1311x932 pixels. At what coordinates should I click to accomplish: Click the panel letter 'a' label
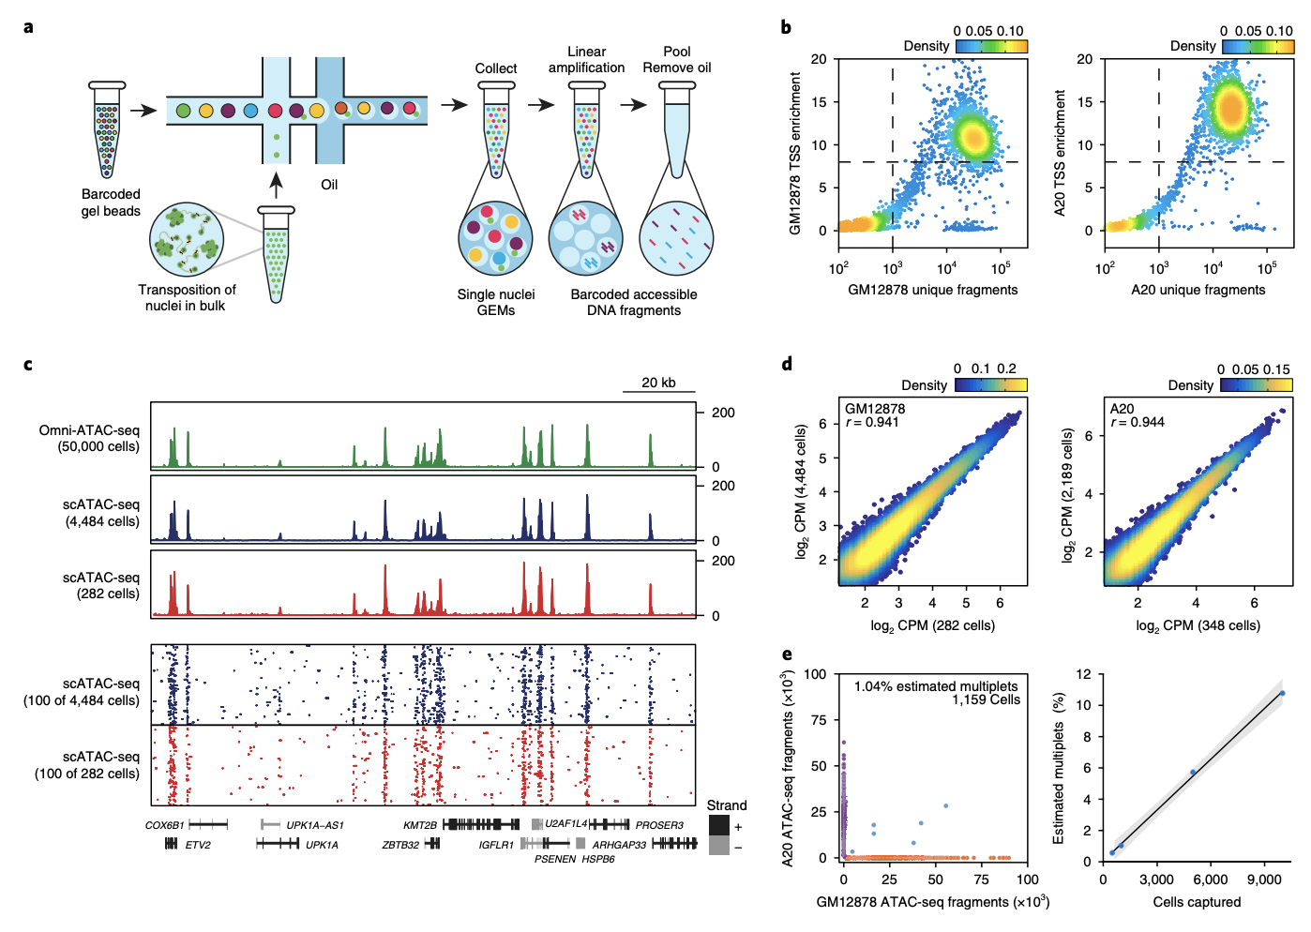pos(29,26)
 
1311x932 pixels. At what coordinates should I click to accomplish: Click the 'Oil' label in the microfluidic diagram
pos(329,185)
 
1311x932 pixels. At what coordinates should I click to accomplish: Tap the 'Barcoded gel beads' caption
pos(111,203)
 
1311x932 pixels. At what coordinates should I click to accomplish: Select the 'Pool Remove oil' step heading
pos(676,60)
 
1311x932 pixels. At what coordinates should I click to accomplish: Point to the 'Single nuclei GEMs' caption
pos(496,302)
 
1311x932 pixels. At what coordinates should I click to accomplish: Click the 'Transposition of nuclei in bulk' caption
pos(187,297)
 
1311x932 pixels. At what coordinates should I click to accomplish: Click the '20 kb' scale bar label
pos(658,383)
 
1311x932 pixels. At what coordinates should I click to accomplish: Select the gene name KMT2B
pos(420,825)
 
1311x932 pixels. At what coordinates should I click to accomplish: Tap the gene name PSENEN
pos(555,859)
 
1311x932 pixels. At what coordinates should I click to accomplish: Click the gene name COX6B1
pos(164,825)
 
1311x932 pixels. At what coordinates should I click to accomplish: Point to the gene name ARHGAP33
pos(619,845)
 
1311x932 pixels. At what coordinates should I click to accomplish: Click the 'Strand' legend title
pos(726,805)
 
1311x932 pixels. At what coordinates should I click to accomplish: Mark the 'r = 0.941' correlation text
pos(872,423)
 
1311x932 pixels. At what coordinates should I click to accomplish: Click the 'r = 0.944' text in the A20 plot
pos(1137,423)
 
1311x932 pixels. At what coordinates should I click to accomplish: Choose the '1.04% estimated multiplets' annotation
pos(936,686)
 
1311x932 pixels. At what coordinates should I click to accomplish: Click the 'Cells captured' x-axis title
pos(1196,902)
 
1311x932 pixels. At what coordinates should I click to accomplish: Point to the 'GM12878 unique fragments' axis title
pos(932,290)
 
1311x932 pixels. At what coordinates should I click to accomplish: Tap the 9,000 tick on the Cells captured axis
pos(1263,879)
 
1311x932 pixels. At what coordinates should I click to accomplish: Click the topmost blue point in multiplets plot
pos(1282,693)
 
